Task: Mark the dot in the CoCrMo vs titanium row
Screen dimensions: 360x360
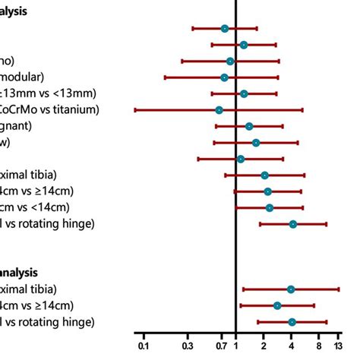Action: click(219, 110)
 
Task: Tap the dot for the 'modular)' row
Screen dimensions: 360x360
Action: click(224, 77)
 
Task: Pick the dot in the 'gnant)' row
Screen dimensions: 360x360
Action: click(249, 126)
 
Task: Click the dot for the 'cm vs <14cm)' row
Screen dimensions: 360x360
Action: click(270, 207)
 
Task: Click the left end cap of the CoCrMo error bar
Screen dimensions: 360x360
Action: click(135, 110)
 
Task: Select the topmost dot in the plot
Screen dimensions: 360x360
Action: click(225, 28)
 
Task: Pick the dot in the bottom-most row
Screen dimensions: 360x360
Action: click(292, 322)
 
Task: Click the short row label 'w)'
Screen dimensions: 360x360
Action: click(6, 142)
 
